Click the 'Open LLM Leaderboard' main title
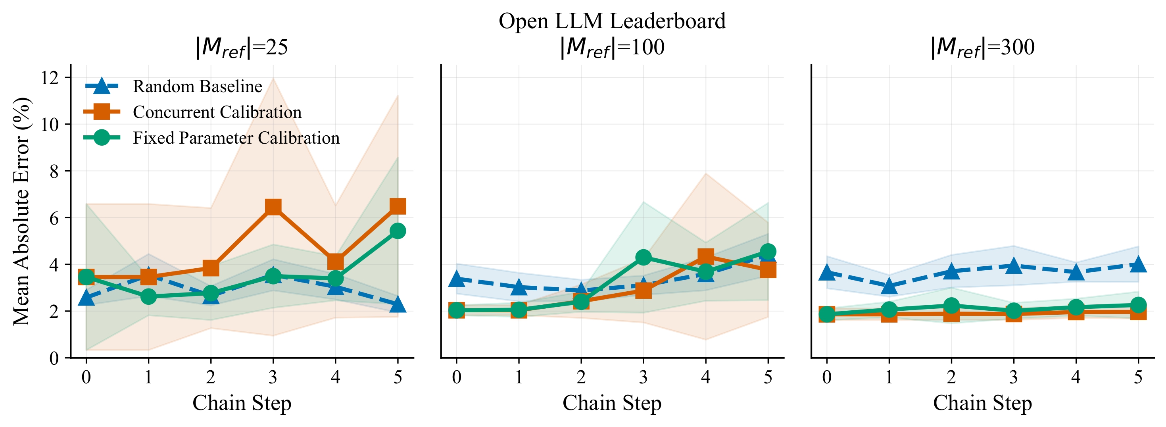point(612,21)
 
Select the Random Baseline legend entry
point(197,86)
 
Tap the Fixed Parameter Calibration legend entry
point(236,138)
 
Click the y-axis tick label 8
point(54,171)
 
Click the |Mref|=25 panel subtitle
point(242,47)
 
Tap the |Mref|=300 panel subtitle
point(982,47)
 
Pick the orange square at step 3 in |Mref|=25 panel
point(273,207)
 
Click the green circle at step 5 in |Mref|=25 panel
point(398,231)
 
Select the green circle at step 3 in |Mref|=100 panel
point(643,257)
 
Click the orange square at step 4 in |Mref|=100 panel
point(706,257)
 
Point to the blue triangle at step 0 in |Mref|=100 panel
point(456,279)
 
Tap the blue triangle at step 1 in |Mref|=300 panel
point(889,286)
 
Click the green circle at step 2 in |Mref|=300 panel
point(951,306)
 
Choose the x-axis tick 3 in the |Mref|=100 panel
point(643,377)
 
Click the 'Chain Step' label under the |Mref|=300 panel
point(982,402)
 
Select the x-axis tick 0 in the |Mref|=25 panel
point(86,377)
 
